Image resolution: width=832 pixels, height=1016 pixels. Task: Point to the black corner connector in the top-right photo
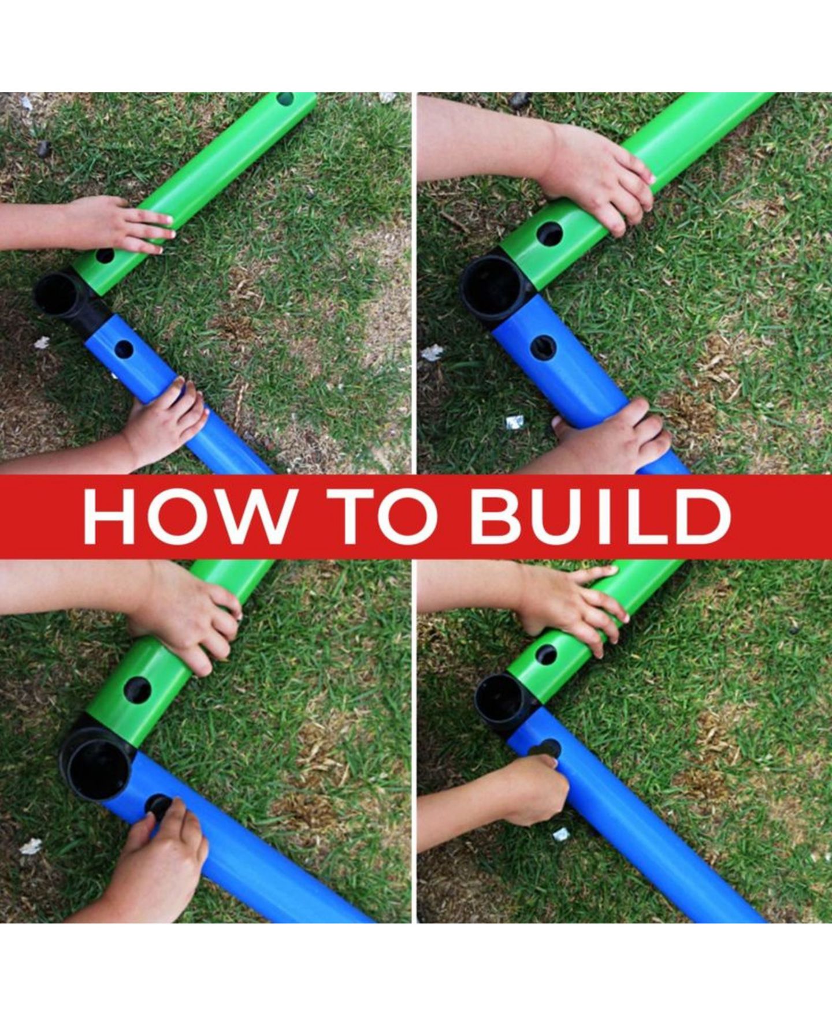coord(496,292)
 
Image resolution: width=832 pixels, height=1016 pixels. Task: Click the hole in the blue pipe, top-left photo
coord(124,349)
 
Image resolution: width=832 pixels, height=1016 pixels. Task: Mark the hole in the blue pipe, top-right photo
coord(543,348)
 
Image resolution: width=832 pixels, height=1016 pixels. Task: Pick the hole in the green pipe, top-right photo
coord(549,234)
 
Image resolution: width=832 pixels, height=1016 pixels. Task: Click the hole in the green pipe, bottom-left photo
coord(138,690)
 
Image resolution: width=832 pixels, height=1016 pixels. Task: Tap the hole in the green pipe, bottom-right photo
coord(545,654)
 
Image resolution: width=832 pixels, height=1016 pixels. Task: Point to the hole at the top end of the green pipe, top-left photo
coord(285,99)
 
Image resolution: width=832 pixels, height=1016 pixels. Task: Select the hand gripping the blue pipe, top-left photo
coord(165,424)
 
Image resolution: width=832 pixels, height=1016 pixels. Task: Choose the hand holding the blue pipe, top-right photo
coord(612,436)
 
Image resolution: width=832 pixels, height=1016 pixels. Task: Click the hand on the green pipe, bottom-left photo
coord(185,618)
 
